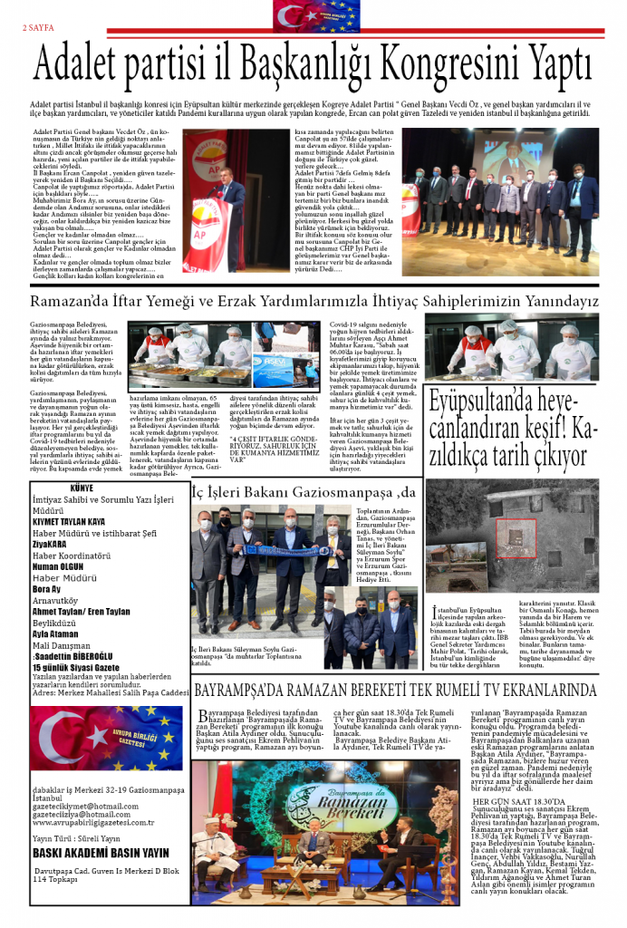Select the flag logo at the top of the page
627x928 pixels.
point(313,15)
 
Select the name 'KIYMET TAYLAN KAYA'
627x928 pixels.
point(69,522)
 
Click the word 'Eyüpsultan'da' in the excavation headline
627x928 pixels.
point(481,425)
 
